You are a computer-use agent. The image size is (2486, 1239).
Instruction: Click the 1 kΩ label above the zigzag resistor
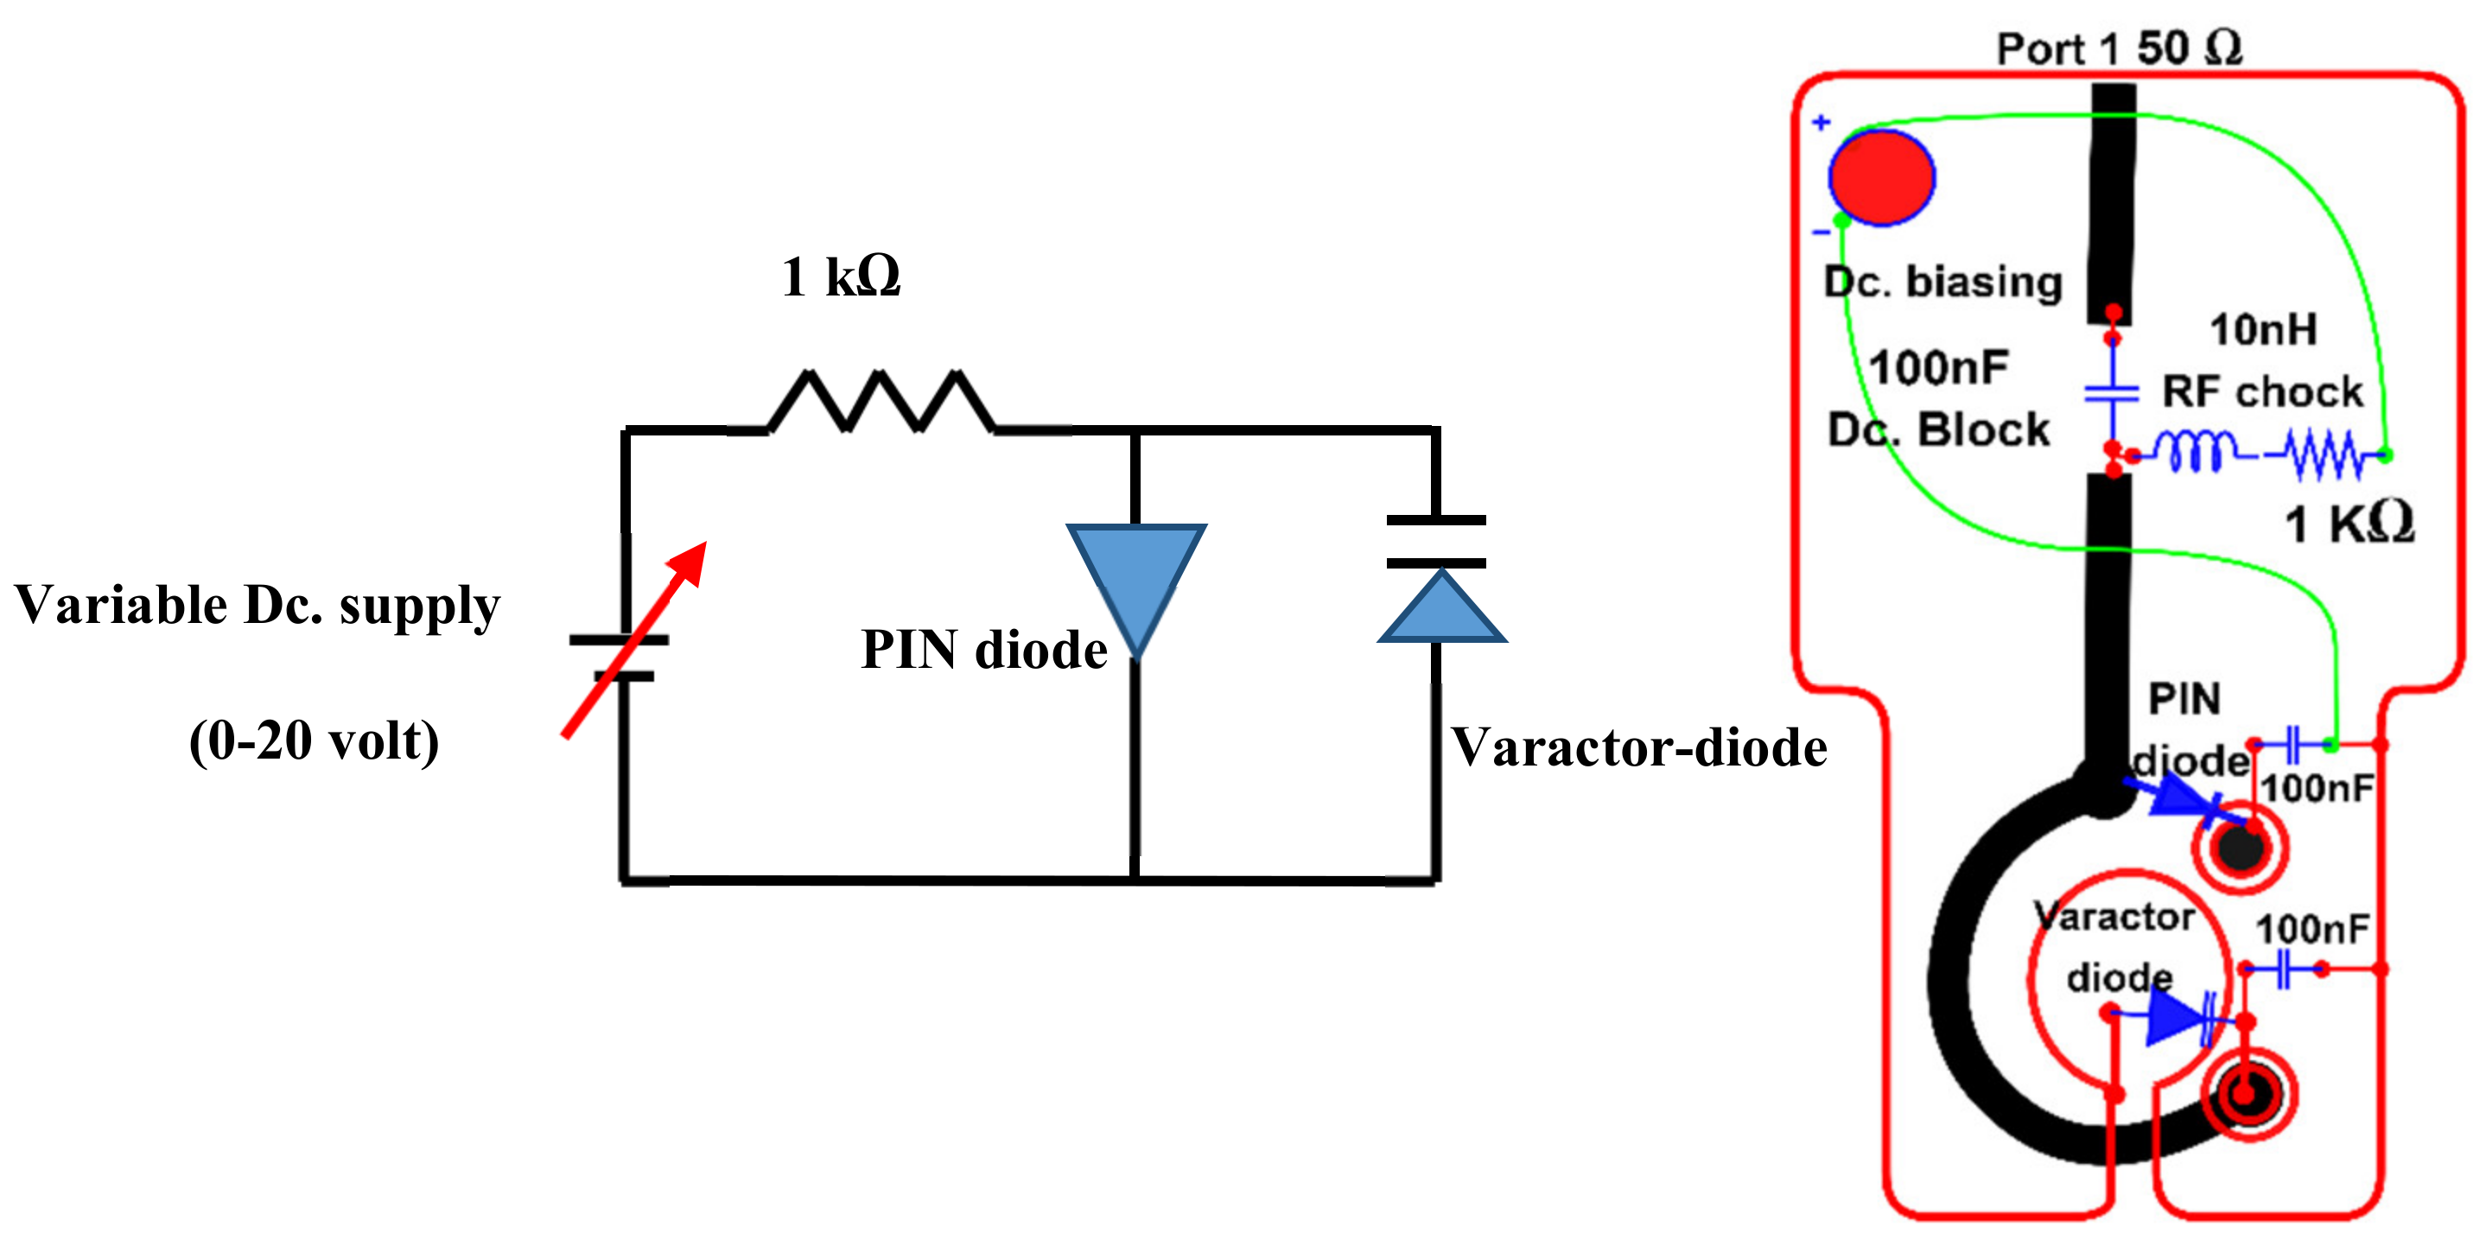[x=841, y=277]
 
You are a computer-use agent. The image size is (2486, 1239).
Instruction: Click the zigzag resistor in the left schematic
[x=881, y=400]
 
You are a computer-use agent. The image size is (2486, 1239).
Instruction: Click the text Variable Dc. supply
[x=258, y=606]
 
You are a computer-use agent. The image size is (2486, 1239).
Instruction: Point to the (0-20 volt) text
[x=314, y=741]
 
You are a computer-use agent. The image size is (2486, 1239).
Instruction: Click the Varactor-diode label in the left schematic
[x=1637, y=748]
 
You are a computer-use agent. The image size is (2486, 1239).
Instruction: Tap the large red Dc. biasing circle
[x=1881, y=177]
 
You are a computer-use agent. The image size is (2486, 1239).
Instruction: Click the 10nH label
[x=2263, y=330]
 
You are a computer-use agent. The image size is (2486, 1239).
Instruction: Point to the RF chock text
[x=2262, y=391]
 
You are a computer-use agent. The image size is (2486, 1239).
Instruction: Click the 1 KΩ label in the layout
[x=2349, y=524]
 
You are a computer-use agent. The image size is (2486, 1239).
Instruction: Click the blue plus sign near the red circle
[x=1821, y=123]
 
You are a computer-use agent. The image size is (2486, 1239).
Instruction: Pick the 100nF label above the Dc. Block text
[x=1938, y=368]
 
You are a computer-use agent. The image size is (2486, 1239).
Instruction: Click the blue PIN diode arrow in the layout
[x=2183, y=797]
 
